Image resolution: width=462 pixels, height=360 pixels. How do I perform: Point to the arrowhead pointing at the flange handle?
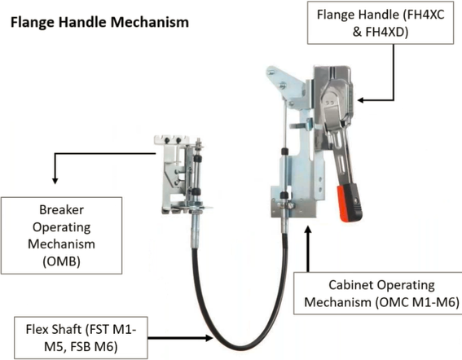pos(360,100)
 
